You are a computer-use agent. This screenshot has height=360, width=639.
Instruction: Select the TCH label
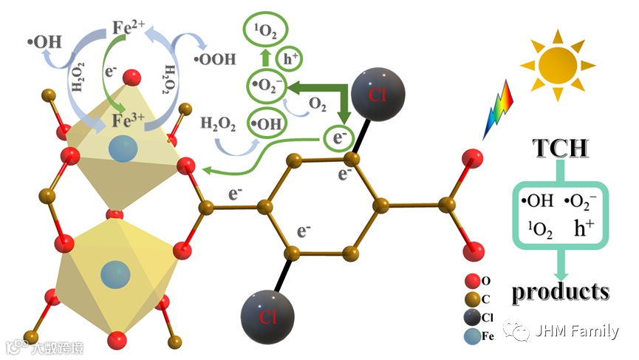point(561,149)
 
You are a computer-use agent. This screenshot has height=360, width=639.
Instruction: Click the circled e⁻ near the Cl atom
point(339,138)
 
